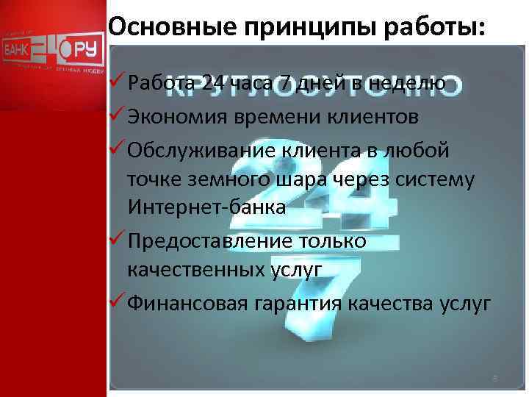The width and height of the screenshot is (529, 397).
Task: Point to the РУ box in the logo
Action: pos(87,50)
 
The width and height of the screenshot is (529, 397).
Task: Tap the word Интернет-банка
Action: pos(206,208)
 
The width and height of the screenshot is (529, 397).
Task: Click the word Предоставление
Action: pos(208,240)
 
